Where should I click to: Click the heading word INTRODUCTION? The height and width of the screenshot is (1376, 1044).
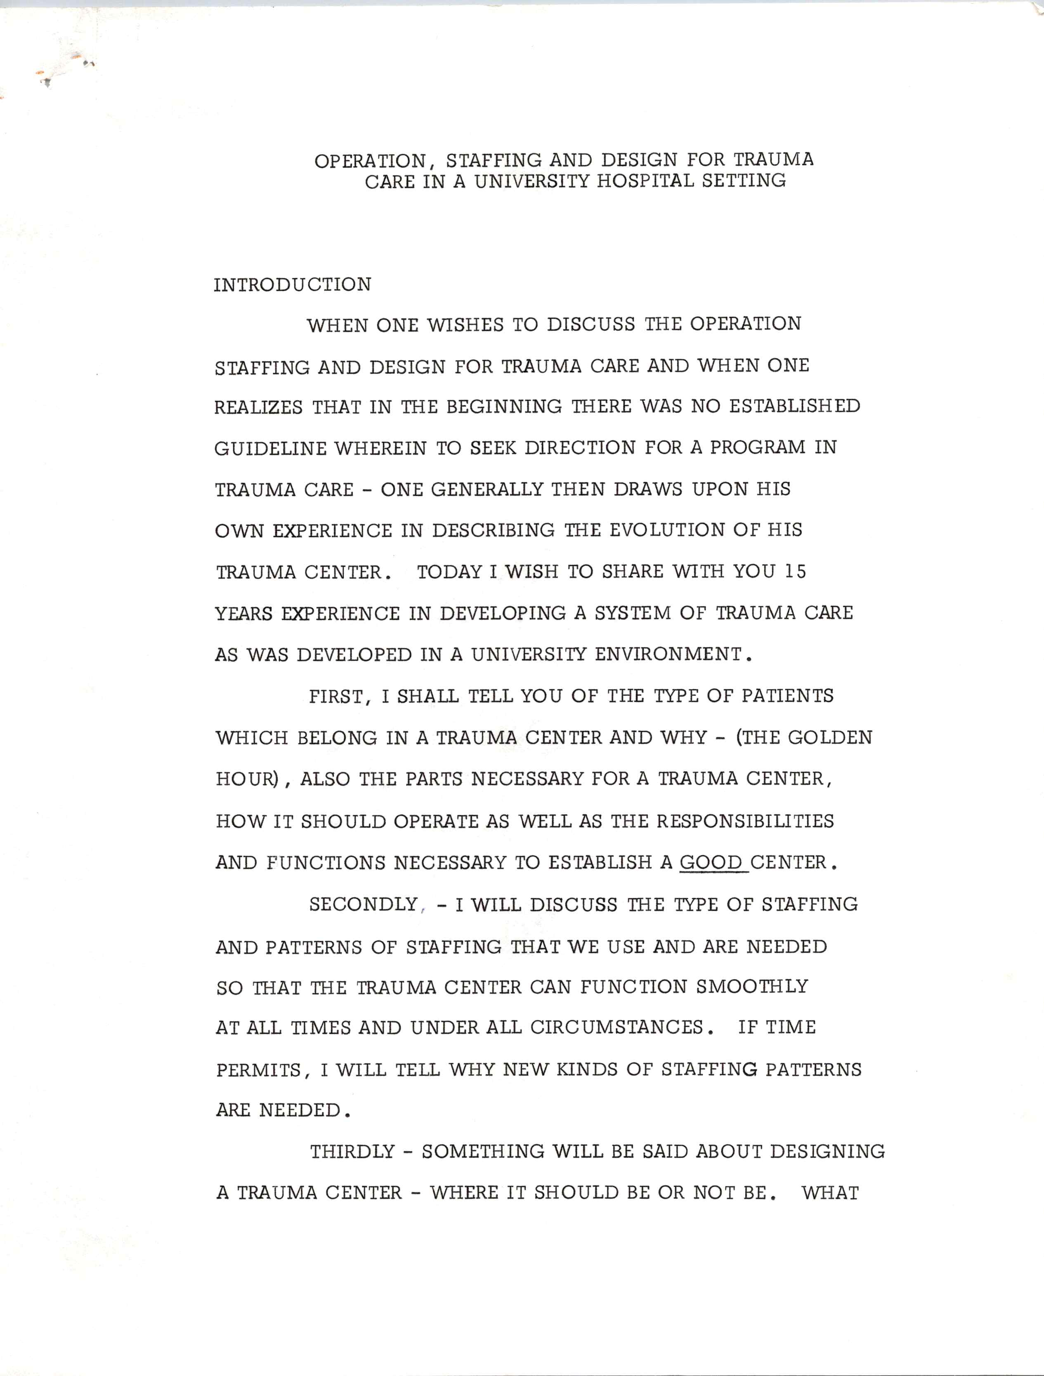(293, 285)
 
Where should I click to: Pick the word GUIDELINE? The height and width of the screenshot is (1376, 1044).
(270, 448)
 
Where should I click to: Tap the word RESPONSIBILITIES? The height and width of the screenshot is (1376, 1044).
(745, 821)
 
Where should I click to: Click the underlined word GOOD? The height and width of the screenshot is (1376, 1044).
(711, 863)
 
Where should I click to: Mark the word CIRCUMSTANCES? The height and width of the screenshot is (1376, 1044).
(616, 1027)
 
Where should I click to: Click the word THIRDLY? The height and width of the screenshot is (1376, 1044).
(352, 1152)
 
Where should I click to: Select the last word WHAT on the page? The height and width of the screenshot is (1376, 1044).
(830, 1193)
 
